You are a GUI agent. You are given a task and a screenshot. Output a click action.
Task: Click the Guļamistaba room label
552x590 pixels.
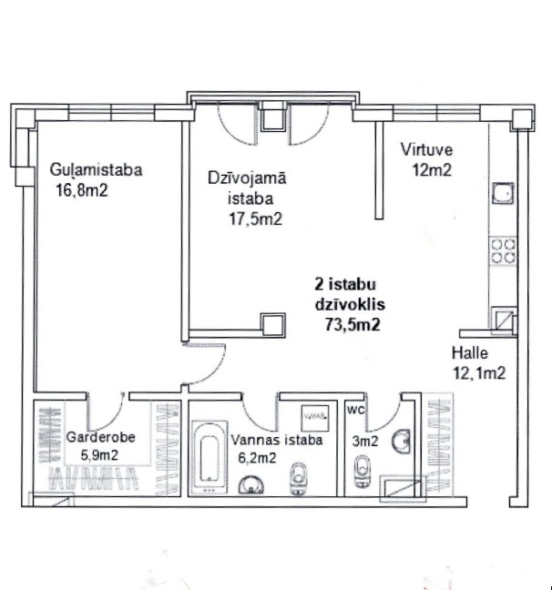97,169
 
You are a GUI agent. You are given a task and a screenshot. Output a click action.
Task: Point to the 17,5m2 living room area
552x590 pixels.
255,219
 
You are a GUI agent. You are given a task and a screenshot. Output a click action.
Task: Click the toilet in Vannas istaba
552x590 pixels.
299,477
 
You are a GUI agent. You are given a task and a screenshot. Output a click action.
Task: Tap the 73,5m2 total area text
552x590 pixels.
352,323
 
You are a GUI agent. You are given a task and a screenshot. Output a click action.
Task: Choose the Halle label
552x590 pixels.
471,353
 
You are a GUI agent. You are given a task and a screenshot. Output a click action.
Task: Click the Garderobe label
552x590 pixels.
101,437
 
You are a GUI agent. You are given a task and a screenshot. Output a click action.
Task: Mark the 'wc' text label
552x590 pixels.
357,410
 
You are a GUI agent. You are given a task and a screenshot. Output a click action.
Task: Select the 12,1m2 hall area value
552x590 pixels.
479,371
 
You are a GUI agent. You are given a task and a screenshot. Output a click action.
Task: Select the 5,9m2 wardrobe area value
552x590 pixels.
98,454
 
